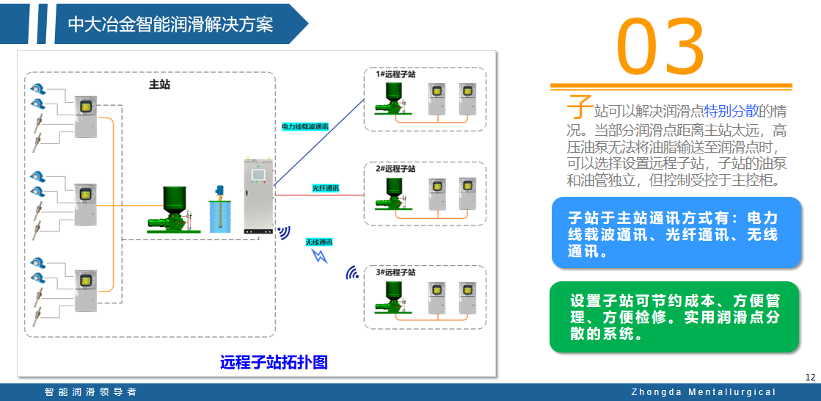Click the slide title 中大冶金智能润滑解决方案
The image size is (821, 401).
tap(170, 24)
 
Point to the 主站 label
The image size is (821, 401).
tap(159, 84)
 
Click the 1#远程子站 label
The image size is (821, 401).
tap(396, 74)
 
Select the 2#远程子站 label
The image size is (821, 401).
tap(396, 168)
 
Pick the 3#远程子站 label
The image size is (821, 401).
tap(396, 272)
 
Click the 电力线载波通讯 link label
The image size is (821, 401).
tap(304, 126)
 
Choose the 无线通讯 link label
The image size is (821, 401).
tap(319, 242)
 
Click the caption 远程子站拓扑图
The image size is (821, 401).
tap(273, 362)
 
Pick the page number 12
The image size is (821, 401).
tap(810, 377)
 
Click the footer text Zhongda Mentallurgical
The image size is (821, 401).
tap(703, 392)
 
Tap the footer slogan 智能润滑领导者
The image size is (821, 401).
tap(90, 392)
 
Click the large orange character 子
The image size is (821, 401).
tap(580, 106)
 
